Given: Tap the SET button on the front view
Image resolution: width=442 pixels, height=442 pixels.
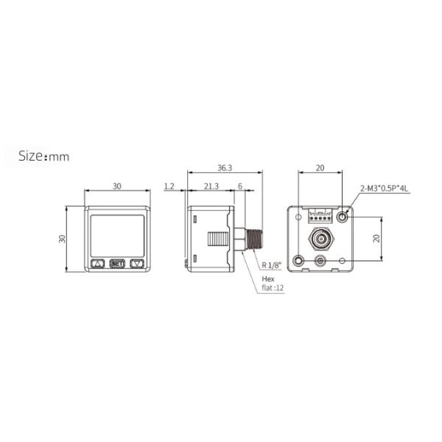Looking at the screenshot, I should tap(117, 263).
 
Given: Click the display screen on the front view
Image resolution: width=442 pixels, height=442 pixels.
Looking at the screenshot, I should tap(117, 234).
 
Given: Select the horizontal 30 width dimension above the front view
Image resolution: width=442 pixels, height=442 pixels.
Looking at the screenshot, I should tap(117, 186).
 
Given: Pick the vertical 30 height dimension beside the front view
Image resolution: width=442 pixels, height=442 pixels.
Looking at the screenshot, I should tap(63, 239).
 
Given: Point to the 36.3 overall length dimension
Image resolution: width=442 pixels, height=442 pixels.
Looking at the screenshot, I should tap(225, 168).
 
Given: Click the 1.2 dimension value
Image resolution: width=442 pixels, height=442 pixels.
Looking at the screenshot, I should tap(169, 187).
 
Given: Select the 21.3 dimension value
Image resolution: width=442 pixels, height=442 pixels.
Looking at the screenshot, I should tap(210, 187).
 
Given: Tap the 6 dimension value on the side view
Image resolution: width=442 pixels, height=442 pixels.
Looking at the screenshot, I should tap(240, 187).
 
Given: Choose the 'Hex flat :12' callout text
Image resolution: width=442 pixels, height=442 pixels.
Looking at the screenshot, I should tap(272, 284).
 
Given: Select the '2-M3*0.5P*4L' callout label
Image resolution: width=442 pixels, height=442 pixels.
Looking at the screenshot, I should tap(385, 189).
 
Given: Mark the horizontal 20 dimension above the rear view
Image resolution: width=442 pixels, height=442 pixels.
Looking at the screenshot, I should tap(320, 168).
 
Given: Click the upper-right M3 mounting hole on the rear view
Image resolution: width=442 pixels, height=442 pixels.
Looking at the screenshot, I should tap(343, 217).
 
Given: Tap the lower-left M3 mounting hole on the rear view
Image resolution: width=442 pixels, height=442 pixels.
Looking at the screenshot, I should tap(298, 261).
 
